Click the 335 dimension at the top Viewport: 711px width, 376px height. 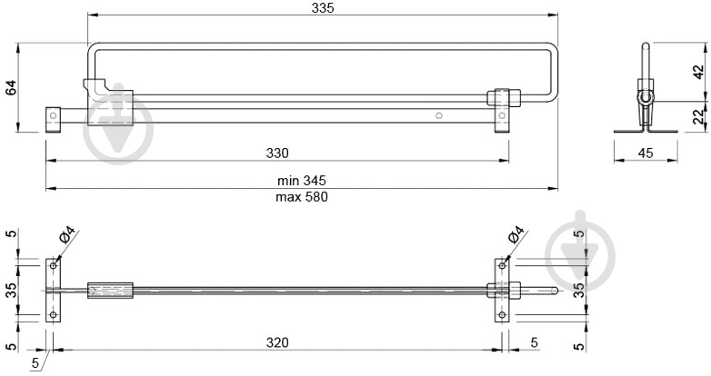coord(322,8)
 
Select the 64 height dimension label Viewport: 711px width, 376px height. coord(11,87)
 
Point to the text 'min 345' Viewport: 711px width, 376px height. coord(301,182)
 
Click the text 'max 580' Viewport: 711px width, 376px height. coord(301,196)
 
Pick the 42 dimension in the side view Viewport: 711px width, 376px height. coord(697,73)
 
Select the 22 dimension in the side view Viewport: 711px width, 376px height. coord(697,116)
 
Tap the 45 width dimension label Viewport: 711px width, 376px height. coord(646,153)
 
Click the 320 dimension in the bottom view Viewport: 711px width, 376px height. coord(277,342)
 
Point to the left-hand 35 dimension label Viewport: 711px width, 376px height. coord(11,291)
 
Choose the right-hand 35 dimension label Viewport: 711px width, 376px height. coord(579,291)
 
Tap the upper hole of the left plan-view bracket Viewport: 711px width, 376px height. coord(54,265)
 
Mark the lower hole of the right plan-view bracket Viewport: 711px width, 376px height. coord(501,316)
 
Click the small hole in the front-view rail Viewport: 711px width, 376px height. coord(439,115)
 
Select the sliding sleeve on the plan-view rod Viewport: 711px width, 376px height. coord(110,291)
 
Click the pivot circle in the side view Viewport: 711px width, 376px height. coord(645,96)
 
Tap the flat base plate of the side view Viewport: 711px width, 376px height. coord(646,131)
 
